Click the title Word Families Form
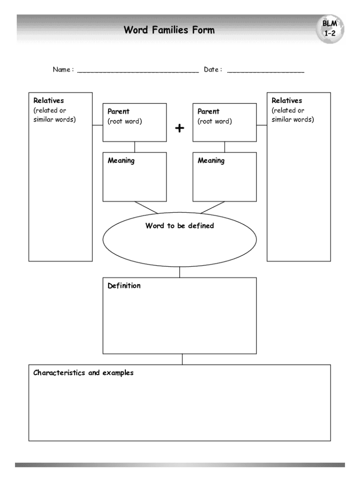169,30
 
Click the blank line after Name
138,71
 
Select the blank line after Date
266,71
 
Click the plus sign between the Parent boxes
180,128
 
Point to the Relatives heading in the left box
49,101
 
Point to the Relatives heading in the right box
287,101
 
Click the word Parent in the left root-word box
119,111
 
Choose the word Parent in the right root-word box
209,111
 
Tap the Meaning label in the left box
121,160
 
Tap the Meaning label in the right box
211,160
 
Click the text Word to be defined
180,225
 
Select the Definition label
124,285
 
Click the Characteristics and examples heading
83,373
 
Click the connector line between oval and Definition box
180,272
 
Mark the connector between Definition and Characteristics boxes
182,359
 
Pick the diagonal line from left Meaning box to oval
146,207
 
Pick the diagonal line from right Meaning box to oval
213,207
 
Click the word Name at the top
62,70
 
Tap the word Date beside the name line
211,70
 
